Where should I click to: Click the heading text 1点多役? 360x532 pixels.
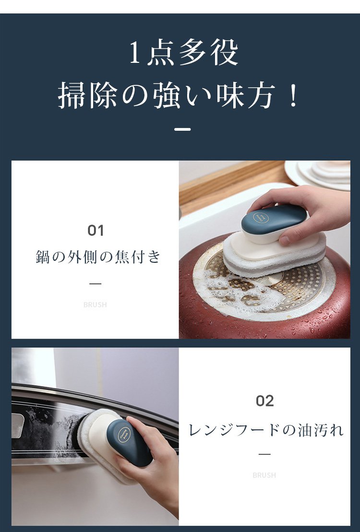(x=184, y=53)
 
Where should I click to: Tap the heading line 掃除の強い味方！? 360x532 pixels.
(x=179, y=95)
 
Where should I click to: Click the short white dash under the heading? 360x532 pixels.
(x=182, y=129)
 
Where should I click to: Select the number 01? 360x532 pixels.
(x=96, y=231)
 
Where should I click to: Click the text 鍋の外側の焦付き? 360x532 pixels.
(x=98, y=257)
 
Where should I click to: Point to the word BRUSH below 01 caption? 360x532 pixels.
(x=95, y=305)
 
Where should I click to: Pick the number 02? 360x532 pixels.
(x=264, y=401)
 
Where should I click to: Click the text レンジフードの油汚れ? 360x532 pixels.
(x=266, y=429)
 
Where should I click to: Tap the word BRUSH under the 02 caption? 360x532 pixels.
(x=264, y=475)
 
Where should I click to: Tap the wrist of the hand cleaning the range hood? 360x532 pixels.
(x=163, y=485)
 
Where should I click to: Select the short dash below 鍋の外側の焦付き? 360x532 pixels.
(x=96, y=284)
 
